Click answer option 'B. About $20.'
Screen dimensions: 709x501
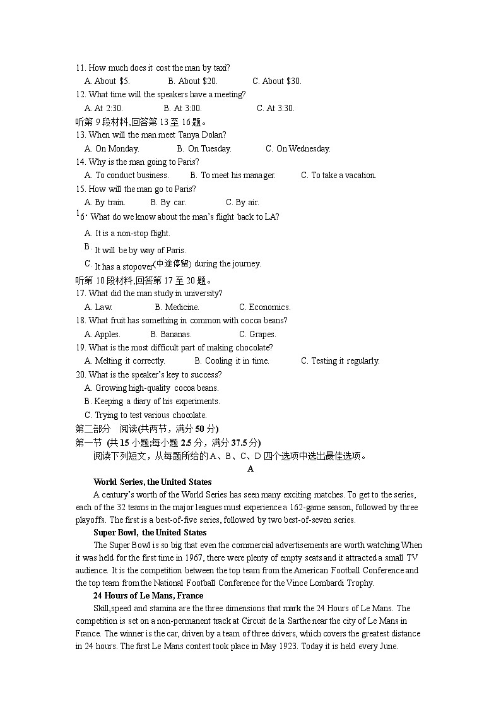192,81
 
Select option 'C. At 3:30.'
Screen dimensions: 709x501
276,108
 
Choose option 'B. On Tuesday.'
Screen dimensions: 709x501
204,149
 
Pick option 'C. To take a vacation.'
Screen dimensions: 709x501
338,176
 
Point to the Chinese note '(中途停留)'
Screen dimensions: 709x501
172,263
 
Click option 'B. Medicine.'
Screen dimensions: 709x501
177,307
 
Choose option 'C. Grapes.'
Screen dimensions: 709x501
257,335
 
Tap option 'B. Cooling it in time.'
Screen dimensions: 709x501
232,361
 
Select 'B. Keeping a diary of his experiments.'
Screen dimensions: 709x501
152,402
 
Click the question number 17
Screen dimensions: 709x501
81,294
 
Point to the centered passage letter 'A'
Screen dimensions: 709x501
250,469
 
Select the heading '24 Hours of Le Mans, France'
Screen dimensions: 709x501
148,596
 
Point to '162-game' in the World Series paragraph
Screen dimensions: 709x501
331,508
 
